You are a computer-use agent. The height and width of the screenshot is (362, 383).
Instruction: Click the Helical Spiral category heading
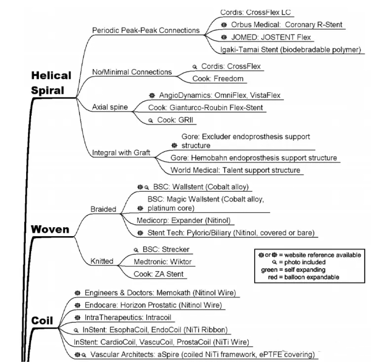pos(50,83)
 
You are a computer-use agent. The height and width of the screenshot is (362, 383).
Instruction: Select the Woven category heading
pos(50,229)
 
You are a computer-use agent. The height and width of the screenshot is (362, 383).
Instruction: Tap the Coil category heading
pos(42,320)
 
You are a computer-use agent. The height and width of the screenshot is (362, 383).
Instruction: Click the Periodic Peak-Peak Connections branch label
pos(146,30)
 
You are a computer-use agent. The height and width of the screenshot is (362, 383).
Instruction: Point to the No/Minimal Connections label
pos(132,72)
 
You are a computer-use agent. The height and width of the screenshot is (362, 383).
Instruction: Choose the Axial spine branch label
pos(110,107)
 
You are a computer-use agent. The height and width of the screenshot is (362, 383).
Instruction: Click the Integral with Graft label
pos(121,152)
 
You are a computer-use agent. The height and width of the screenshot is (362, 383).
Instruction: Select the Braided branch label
pos(103,209)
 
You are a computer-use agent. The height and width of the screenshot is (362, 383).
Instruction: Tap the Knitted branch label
pos(102,261)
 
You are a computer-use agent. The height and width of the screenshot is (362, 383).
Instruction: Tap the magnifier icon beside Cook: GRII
pos(151,121)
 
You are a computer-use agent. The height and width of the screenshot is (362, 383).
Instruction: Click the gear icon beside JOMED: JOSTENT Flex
pos(224,37)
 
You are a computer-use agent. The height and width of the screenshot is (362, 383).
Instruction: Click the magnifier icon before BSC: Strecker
pos(136,250)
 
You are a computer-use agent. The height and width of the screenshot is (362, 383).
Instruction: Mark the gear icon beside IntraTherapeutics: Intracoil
pos(77,317)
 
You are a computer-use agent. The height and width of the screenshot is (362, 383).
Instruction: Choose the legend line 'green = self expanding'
pos(293,270)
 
